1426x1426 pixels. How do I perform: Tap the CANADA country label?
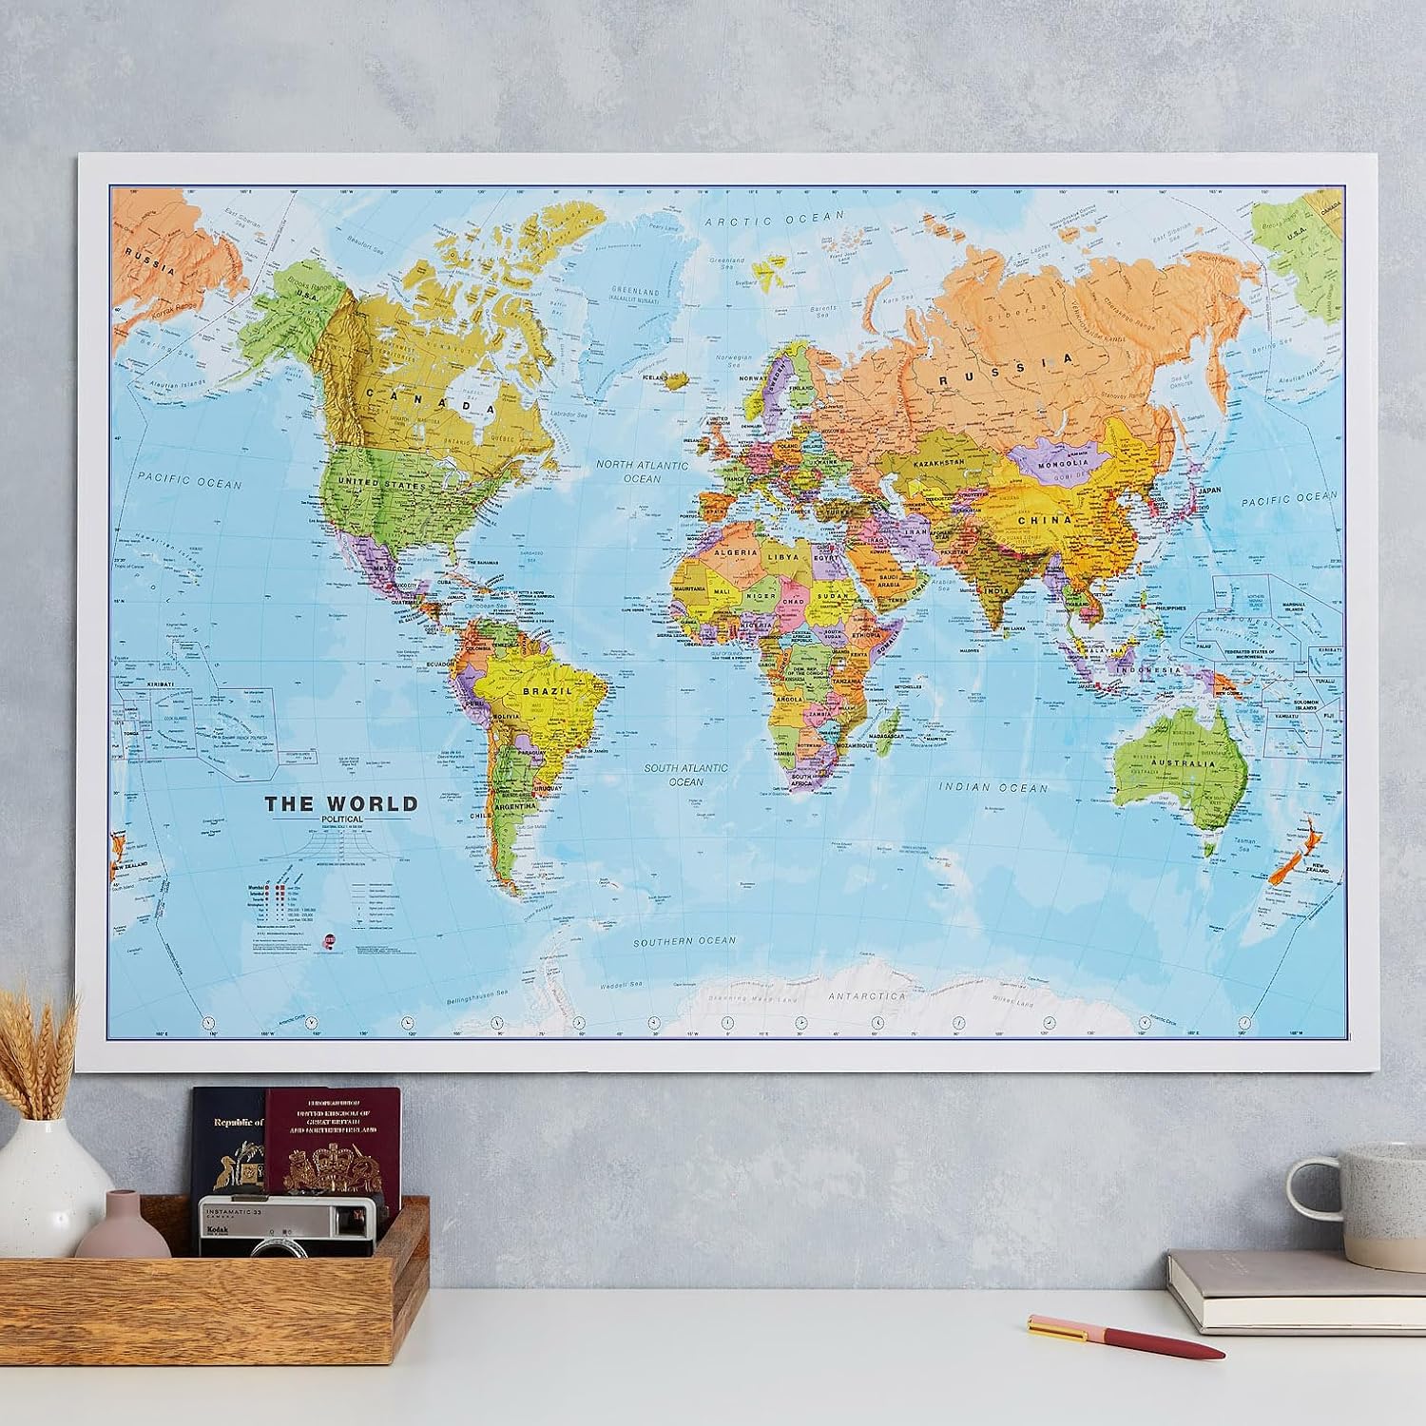(448, 403)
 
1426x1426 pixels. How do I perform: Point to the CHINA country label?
(1045, 520)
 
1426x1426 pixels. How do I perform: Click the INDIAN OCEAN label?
(993, 787)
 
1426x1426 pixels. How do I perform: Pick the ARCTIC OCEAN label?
(775, 219)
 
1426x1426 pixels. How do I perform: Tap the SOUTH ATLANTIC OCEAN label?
(685, 775)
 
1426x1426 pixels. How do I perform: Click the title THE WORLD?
(341, 803)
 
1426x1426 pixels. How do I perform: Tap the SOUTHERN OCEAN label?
(685, 940)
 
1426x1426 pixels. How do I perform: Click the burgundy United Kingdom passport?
(323, 1141)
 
